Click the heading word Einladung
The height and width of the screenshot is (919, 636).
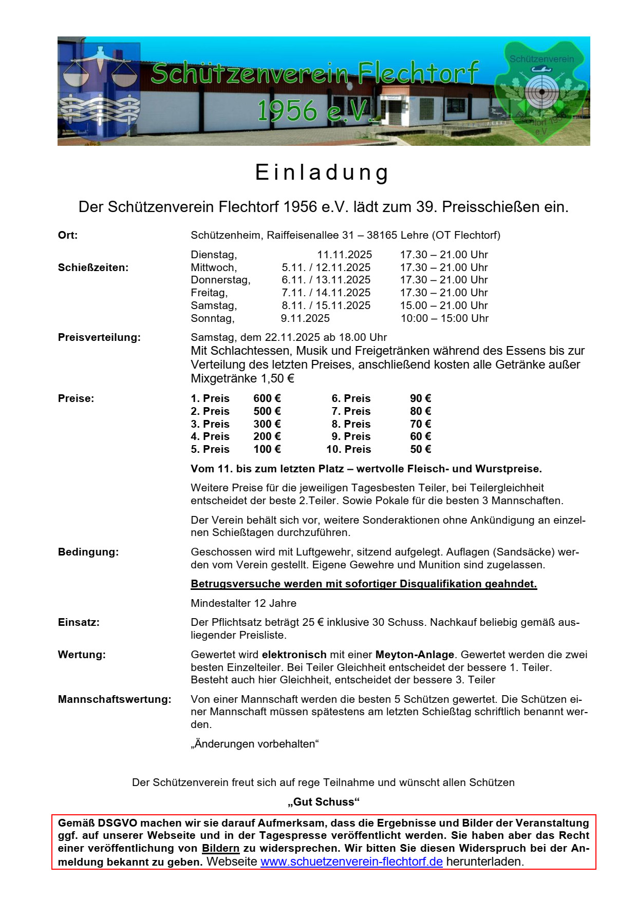coord(322,173)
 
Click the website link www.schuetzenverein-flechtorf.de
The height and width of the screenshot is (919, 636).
coord(351,861)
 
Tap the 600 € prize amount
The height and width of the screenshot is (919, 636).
coord(267,398)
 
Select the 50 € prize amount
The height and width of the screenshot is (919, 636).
coord(420,449)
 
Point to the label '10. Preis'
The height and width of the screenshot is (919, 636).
coord(348,449)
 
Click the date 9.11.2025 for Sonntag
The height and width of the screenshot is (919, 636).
coord(305,318)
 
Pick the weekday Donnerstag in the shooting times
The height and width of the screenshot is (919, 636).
coord(220,280)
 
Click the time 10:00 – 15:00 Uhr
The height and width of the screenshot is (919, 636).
coord(444,318)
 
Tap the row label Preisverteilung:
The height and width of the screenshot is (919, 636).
coord(99,337)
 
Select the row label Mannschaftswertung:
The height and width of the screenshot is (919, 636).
coord(115,699)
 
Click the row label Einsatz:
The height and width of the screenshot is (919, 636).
coord(79,622)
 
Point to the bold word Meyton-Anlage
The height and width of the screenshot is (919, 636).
coord(415,655)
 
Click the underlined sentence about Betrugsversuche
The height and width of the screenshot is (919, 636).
coord(364,584)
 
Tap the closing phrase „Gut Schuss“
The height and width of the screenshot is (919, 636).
coord(324,802)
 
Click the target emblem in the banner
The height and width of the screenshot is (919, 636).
coord(541,92)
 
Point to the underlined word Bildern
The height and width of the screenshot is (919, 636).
coord(221,848)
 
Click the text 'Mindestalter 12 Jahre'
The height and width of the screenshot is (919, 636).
coord(244,603)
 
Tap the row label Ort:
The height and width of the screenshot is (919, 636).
coord(68,235)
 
